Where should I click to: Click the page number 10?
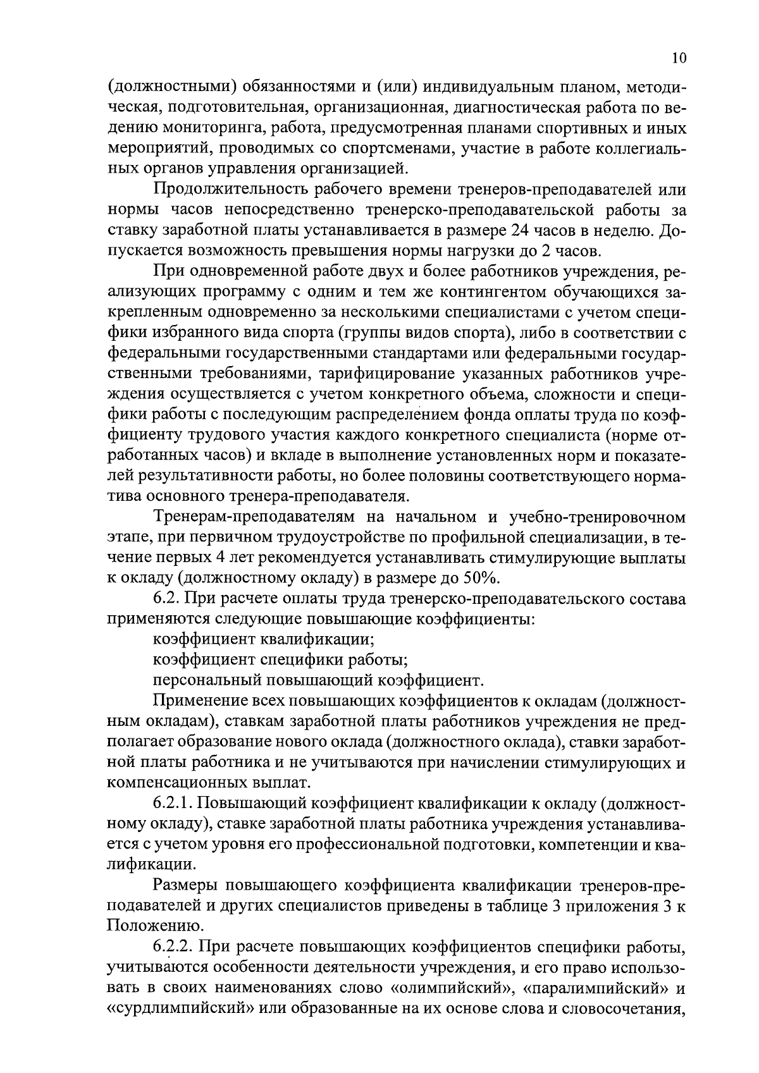point(678,58)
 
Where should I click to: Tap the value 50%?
point(483,577)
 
